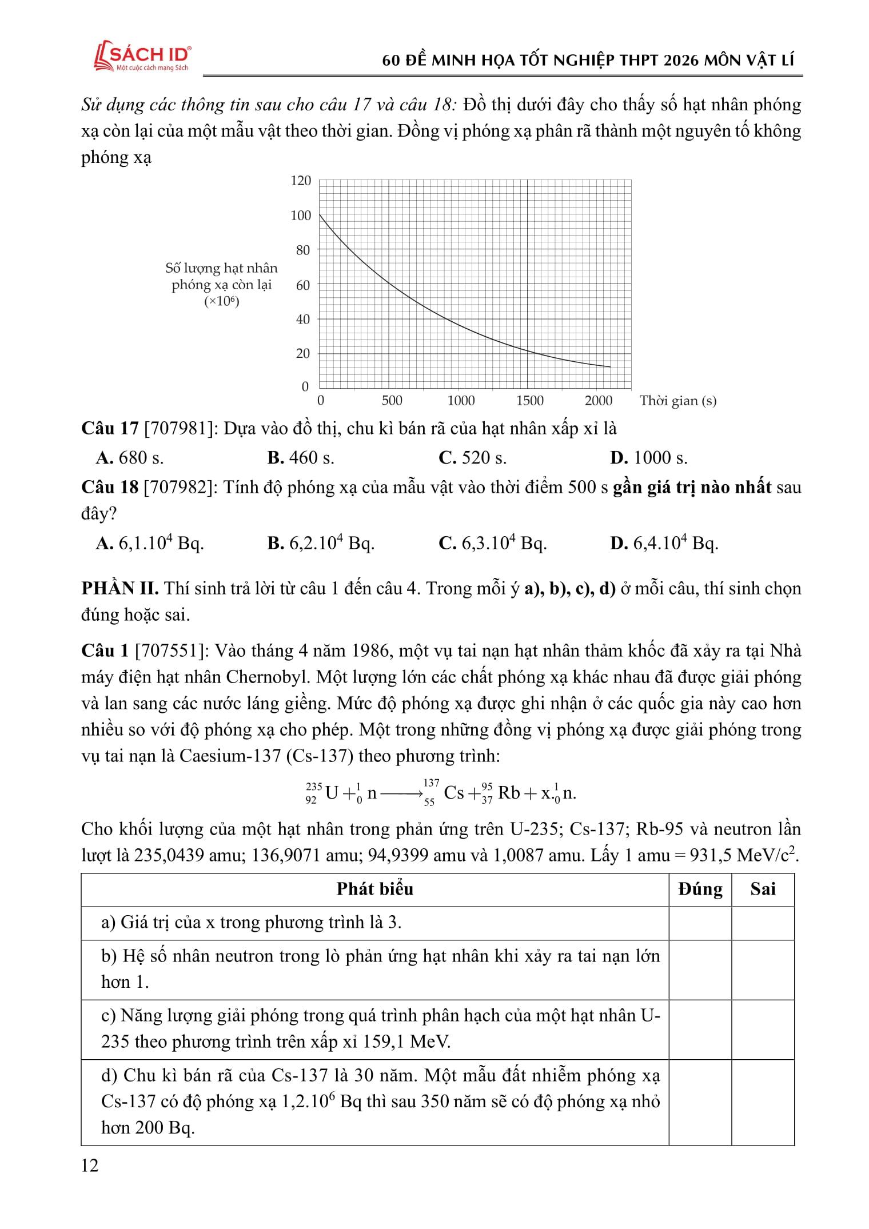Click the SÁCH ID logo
143,57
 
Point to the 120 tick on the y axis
301,181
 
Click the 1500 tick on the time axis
530,401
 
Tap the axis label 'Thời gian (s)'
677,401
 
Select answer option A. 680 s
130,458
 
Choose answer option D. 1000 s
649,458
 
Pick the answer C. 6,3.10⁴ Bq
492,543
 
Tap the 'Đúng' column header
700,889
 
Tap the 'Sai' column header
763,889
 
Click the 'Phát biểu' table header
374,889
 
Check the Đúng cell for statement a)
700,923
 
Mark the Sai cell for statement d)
763,1102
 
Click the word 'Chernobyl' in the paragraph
268,677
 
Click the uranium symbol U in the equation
332,793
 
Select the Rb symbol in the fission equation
509,793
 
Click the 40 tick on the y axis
302,320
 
